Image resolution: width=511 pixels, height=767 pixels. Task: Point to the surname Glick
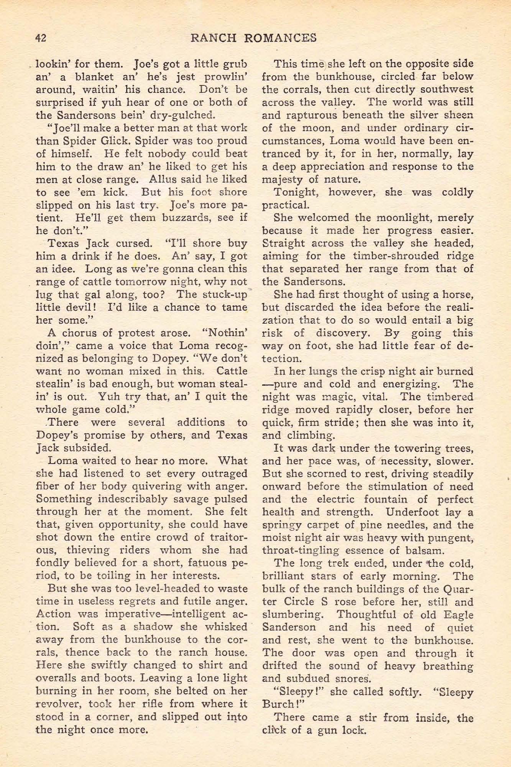[114, 141]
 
